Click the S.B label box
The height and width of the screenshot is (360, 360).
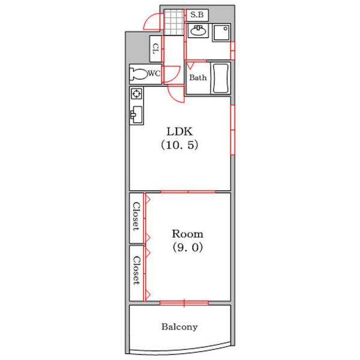tap(197, 15)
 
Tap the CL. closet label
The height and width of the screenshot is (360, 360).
tap(156, 49)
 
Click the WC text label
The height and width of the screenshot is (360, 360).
tap(154, 73)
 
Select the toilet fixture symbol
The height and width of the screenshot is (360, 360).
tap(139, 74)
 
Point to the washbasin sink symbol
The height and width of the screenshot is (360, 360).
tap(198, 31)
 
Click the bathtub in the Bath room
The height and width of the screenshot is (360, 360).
tap(221, 78)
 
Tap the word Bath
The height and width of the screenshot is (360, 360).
tap(198, 77)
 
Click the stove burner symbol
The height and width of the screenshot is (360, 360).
tap(136, 94)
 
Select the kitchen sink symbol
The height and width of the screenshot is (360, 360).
tap(136, 115)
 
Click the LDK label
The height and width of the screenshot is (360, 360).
tap(179, 131)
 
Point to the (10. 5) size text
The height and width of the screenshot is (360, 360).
tap(179, 145)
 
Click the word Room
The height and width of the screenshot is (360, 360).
tap(188, 234)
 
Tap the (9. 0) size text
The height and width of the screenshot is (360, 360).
tap(188, 247)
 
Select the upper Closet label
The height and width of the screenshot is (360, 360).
tap(136, 216)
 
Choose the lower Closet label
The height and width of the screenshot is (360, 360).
tap(136, 270)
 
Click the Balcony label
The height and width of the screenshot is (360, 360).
tap(179, 327)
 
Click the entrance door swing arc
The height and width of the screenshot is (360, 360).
tap(149, 20)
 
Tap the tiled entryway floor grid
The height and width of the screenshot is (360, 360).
tap(174, 22)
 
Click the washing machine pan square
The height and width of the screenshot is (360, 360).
tap(221, 32)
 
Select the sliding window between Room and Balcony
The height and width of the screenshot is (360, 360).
tap(184, 303)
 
